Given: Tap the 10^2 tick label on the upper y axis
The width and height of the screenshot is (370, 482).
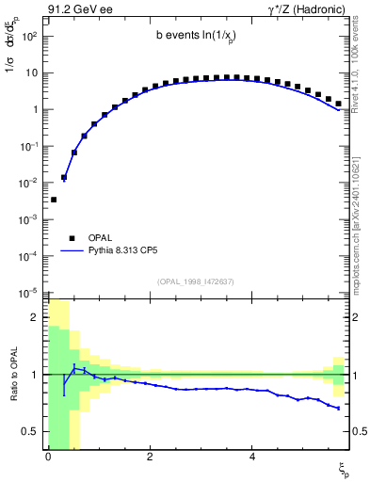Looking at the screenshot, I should click(29, 36).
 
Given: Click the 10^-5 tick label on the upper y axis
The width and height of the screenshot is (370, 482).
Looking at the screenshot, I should click(29, 293).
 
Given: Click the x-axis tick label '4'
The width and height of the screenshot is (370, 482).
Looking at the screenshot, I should click(251, 457).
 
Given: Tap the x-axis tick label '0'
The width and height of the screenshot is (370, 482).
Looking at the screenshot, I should click(47, 457).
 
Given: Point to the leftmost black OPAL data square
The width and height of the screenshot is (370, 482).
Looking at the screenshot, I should click(54, 200).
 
